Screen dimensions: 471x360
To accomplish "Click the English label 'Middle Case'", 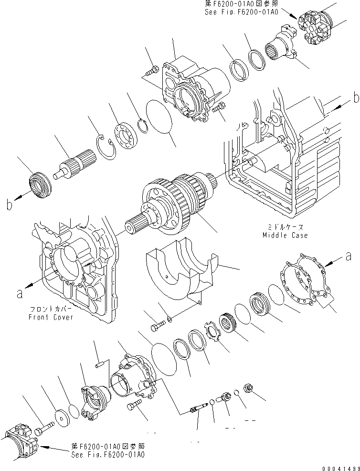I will tap(285, 235).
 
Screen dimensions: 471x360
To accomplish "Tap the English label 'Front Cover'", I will tap(51, 318).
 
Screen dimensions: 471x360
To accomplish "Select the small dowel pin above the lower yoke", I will tap(99, 365).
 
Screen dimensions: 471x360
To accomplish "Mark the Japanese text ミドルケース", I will tap(286, 227).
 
